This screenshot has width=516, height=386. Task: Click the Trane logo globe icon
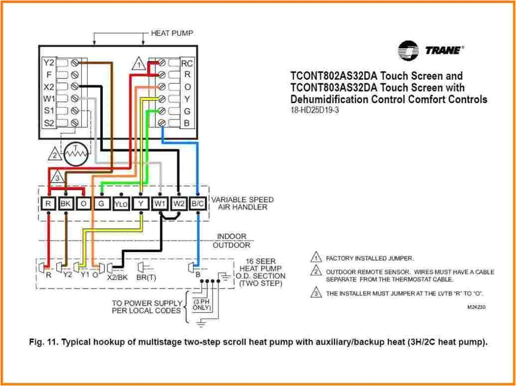tap(408, 51)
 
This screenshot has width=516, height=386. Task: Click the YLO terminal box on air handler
tap(121, 203)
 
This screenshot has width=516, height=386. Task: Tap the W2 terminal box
tap(179, 203)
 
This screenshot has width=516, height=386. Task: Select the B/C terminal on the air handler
tap(198, 203)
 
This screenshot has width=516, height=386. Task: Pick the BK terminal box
tap(66, 203)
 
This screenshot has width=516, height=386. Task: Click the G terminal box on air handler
tap(101, 203)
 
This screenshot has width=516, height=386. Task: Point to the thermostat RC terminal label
tap(187, 63)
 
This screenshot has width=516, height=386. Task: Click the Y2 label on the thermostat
tap(48, 63)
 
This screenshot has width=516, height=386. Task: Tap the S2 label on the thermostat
tap(48, 122)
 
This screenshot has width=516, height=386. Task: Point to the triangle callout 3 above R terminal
tap(58, 178)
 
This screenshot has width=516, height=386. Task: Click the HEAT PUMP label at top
tap(172, 33)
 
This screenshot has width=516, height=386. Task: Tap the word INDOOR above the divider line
tap(232, 236)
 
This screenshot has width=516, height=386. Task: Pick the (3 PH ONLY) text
tap(202, 304)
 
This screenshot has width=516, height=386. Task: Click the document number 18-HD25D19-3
tap(314, 110)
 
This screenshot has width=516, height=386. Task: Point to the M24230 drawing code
tap(476, 306)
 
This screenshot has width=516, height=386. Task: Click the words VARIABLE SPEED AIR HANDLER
tap(242, 203)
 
